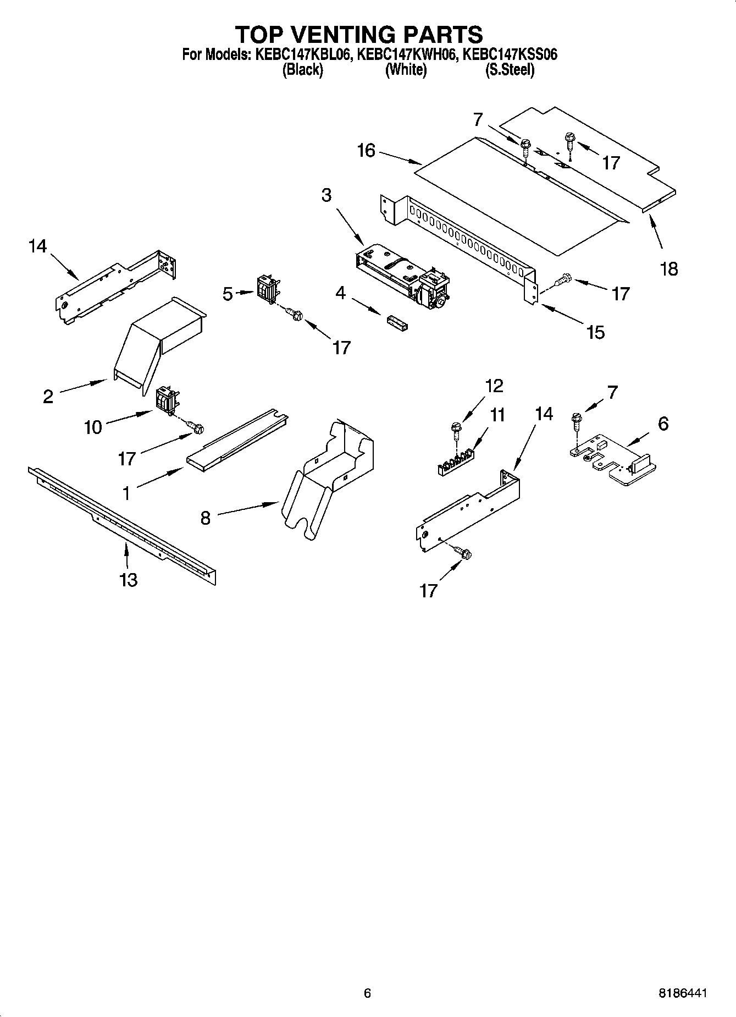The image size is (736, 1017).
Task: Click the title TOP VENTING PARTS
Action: (359, 34)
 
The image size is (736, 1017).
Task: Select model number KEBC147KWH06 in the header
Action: (406, 54)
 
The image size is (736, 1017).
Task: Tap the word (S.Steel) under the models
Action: (510, 70)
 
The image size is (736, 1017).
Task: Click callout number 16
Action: (366, 150)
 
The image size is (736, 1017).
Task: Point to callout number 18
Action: (669, 269)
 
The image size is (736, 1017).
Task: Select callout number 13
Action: (128, 579)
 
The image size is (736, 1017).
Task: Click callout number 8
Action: (205, 518)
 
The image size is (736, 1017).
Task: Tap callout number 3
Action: (327, 195)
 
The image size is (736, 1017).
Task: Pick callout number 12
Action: (494, 386)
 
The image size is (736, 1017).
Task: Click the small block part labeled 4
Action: (396, 322)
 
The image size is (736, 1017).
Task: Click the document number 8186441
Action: (683, 993)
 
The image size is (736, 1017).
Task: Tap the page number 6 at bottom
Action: (367, 993)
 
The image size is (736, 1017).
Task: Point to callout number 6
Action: (663, 424)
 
